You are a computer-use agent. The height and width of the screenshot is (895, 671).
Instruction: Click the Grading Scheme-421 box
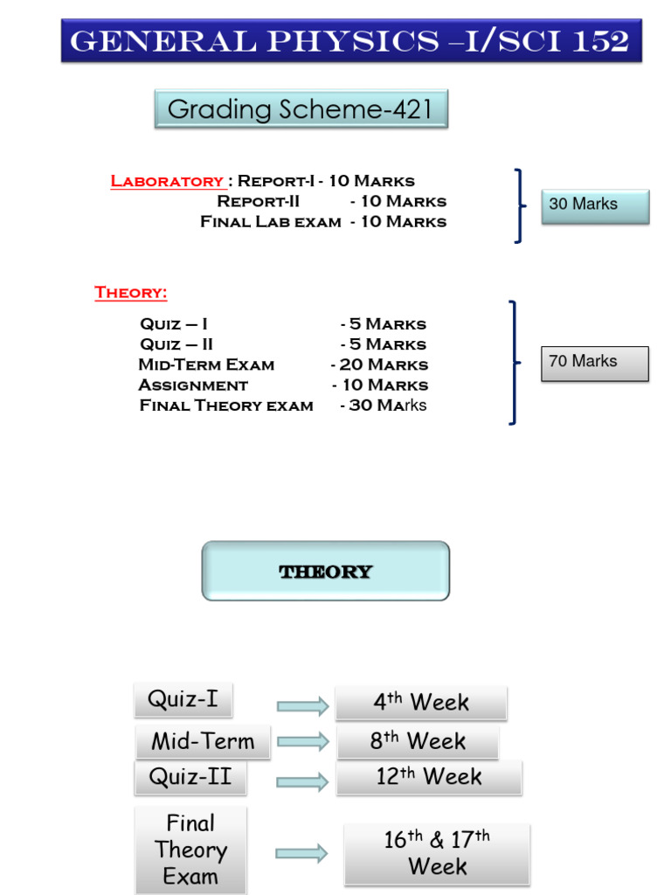coord(301,109)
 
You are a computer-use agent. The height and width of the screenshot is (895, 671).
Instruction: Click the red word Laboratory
coord(167,181)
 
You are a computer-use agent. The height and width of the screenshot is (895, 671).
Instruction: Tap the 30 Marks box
coord(594,205)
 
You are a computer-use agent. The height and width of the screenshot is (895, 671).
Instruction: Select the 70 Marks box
coord(594,363)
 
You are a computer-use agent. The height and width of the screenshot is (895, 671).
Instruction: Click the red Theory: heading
coord(130,293)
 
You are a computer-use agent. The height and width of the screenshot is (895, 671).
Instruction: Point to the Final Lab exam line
coord(271,222)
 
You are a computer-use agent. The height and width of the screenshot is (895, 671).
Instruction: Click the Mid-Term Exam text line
coord(206,364)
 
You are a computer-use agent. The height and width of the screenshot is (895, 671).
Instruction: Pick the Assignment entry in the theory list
coord(193,385)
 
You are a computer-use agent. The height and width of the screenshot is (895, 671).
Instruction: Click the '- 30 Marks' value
coord(384,406)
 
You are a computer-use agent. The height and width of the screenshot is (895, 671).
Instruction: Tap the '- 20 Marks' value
coord(379,364)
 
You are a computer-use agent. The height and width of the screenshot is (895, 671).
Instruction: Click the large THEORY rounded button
coord(325,572)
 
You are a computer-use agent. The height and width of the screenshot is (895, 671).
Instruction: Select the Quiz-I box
coord(183,700)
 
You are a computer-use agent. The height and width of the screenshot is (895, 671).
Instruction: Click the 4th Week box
coord(420,702)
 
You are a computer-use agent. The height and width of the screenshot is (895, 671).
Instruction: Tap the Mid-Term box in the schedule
coord(203,741)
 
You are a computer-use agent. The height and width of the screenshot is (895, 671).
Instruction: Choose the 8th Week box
coord(417,741)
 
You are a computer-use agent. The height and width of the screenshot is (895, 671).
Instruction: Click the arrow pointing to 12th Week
coord(302,781)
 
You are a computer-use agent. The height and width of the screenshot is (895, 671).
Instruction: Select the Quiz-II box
coord(190,777)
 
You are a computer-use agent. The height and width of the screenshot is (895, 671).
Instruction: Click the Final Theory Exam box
coord(190,850)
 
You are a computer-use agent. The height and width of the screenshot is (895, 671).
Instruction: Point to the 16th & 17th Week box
coord(437,853)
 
